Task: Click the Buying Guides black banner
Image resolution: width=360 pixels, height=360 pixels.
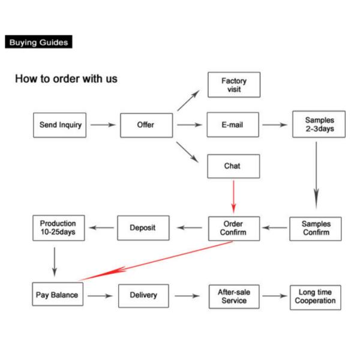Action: (x=38, y=42)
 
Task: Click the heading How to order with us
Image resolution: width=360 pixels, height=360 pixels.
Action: (x=66, y=79)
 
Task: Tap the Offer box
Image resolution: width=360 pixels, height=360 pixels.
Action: (x=146, y=125)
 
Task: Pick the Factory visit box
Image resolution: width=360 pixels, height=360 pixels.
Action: (x=233, y=85)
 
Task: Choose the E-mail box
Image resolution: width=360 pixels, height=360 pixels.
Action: (x=233, y=125)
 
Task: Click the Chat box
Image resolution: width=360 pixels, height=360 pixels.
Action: (x=233, y=166)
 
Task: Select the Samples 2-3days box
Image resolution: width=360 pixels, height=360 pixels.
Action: (x=319, y=124)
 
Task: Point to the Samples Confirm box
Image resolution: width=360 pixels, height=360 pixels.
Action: (x=316, y=229)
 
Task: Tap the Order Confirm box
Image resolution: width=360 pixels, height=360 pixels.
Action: (x=233, y=229)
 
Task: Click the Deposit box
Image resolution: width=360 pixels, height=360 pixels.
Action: (x=143, y=228)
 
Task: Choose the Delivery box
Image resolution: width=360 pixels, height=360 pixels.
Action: (x=143, y=295)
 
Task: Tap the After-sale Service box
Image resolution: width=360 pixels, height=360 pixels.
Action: (x=233, y=296)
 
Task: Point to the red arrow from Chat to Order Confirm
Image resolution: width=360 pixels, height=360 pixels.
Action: (x=233, y=196)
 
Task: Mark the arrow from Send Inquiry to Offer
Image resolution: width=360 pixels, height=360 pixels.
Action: (x=103, y=125)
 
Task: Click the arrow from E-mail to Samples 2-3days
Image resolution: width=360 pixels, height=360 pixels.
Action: (x=275, y=125)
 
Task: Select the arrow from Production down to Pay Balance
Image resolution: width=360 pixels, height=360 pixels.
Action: (x=55, y=259)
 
